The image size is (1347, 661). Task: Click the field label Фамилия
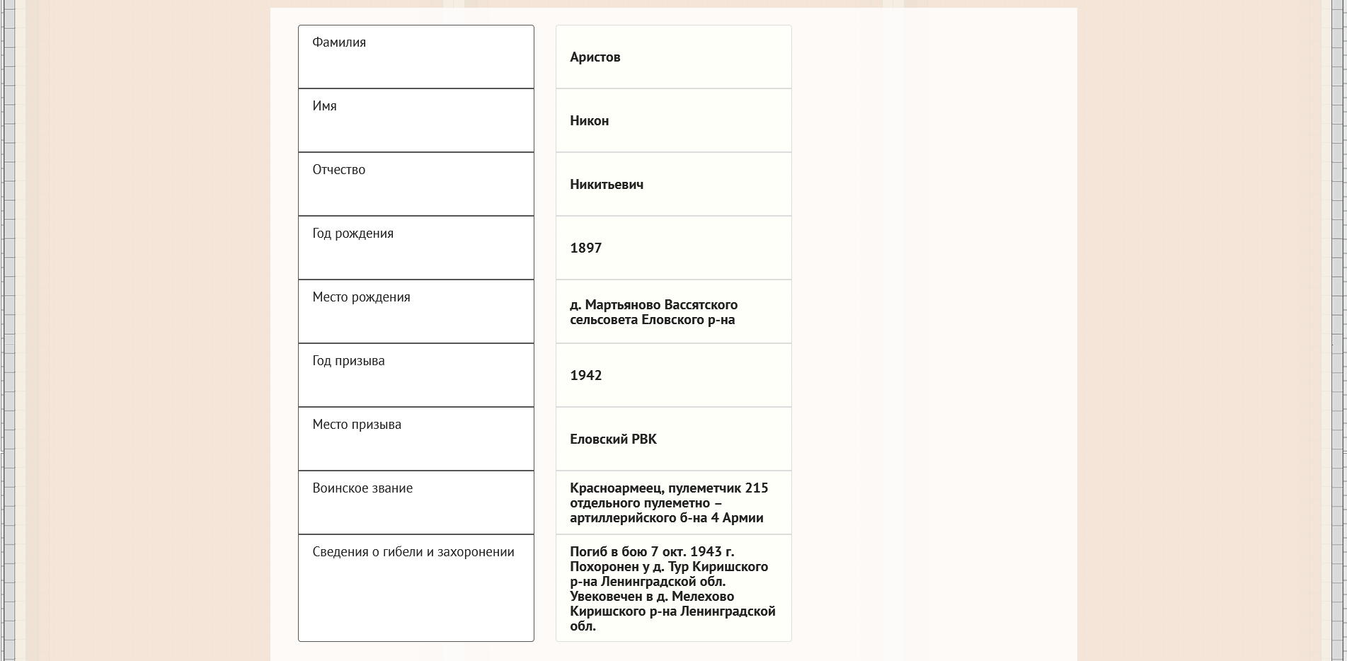(339, 42)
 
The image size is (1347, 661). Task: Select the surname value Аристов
(595, 57)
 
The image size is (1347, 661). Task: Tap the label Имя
(324, 106)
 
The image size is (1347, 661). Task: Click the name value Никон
(589, 121)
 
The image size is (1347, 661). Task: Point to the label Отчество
(338, 170)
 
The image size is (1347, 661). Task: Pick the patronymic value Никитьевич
(606, 185)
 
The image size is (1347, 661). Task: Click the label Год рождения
(352, 234)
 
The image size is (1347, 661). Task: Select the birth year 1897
(585, 248)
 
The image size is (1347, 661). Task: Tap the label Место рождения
(361, 297)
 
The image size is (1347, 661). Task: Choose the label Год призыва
(348, 361)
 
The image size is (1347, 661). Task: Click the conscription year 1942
(585, 376)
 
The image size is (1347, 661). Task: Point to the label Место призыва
(356, 425)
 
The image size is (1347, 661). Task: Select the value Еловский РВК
(613, 439)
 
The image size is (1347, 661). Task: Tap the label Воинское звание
(362, 488)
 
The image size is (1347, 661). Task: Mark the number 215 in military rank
(756, 488)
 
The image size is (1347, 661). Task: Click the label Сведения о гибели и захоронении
(413, 552)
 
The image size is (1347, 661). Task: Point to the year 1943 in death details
(705, 552)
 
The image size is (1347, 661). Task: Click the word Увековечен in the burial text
(606, 597)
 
